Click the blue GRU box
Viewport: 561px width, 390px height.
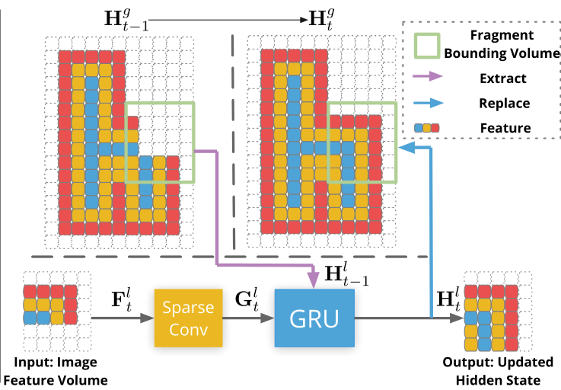click(x=314, y=317)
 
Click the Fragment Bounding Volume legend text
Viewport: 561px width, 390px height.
click(x=503, y=44)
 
